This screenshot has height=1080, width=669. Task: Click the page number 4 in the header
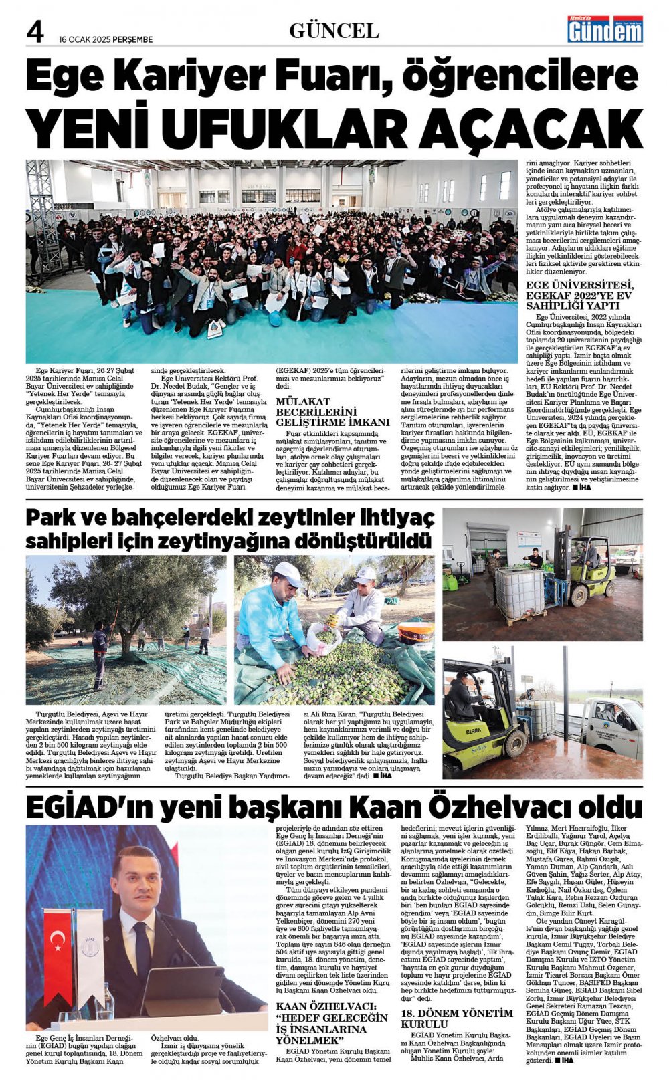pyautogui.click(x=35, y=31)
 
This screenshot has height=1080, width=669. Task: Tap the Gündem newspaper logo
pyautogui.click(x=605, y=29)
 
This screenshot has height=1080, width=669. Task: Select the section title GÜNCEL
pyautogui.click(x=334, y=31)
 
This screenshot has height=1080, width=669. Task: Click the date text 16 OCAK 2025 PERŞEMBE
pyautogui.click(x=106, y=39)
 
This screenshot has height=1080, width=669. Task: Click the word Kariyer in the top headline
pyautogui.click(x=191, y=76)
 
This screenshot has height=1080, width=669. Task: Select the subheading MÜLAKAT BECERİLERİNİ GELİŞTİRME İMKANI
pyautogui.click(x=332, y=412)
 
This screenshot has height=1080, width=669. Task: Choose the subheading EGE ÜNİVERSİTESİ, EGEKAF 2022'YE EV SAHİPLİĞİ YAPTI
pyautogui.click(x=579, y=295)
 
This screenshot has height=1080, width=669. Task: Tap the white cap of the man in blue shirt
pyautogui.click(x=288, y=572)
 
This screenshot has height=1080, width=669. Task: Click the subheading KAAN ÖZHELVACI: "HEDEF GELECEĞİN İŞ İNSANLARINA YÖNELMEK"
pyautogui.click(x=332, y=1023)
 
